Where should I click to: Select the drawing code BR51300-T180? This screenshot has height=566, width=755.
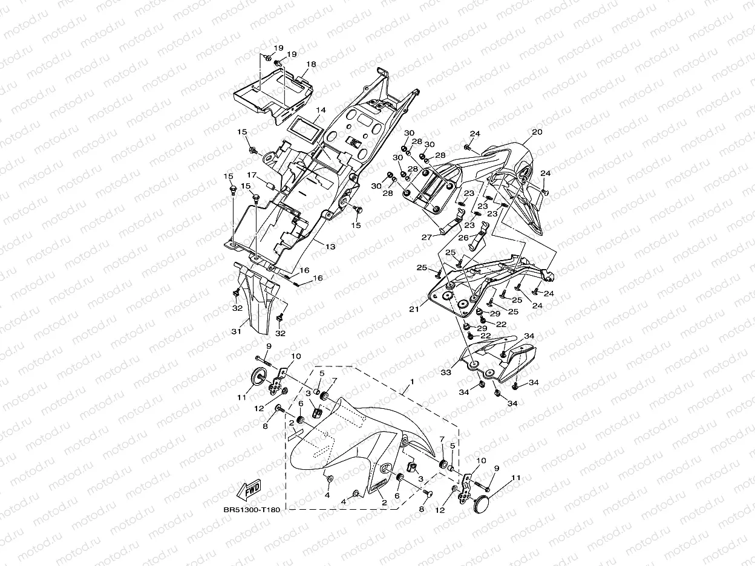pyautogui.click(x=252, y=510)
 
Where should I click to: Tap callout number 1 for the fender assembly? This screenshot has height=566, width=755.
pyautogui.click(x=412, y=382)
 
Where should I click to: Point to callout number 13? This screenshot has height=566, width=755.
pyautogui.click(x=330, y=247)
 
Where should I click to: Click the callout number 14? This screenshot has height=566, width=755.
pyautogui.click(x=321, y=110)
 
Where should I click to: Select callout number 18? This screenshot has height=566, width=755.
pyautogui.click(x=311, y=64)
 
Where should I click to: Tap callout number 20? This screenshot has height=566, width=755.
pyautogui.click(x=537, y=132)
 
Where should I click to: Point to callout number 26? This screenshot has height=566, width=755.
pyautogui.click(x=463, y=237)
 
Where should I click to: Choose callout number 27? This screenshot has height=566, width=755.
pyautogui.click(x=427, y=237)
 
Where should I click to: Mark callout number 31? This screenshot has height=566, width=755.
pyautogui.click(x=236, y=331)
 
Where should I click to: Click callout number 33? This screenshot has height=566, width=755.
pyautogui.click(x=446, y=373)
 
